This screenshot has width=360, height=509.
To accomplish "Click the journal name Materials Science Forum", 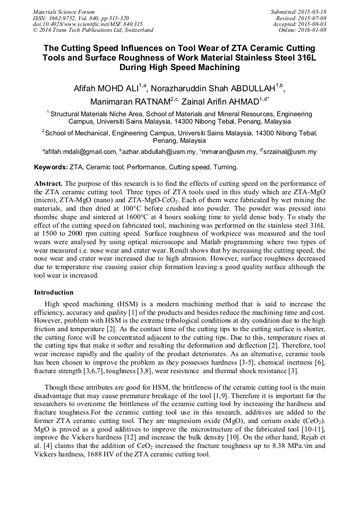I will point(64,12).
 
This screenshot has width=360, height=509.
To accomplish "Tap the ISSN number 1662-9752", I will point(63,18).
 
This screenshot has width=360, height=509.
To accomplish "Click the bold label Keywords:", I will point(50,167).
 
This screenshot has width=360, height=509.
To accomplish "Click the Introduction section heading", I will point(54,292).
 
